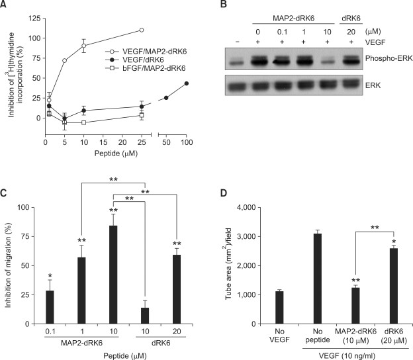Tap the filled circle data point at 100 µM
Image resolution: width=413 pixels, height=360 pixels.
pyautogui.click(x=187, y=83)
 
